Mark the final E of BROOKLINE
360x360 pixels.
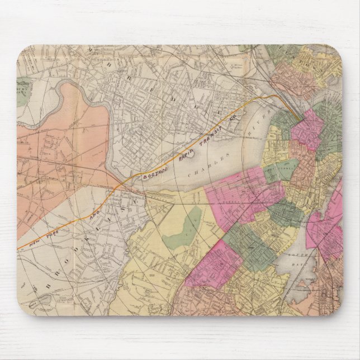pos(134,191)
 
